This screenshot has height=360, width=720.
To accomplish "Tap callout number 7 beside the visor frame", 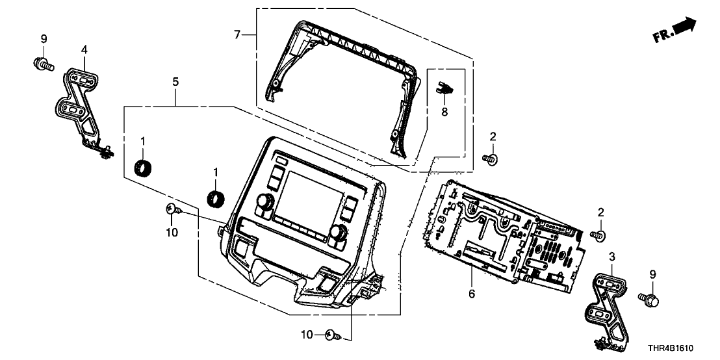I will (x=238, y=34).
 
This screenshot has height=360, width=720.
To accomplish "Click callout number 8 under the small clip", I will (x=444, y=112).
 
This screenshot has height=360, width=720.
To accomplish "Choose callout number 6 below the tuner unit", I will (x=472, y=294).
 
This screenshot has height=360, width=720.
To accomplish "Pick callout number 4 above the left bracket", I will (x=84, y=49).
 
